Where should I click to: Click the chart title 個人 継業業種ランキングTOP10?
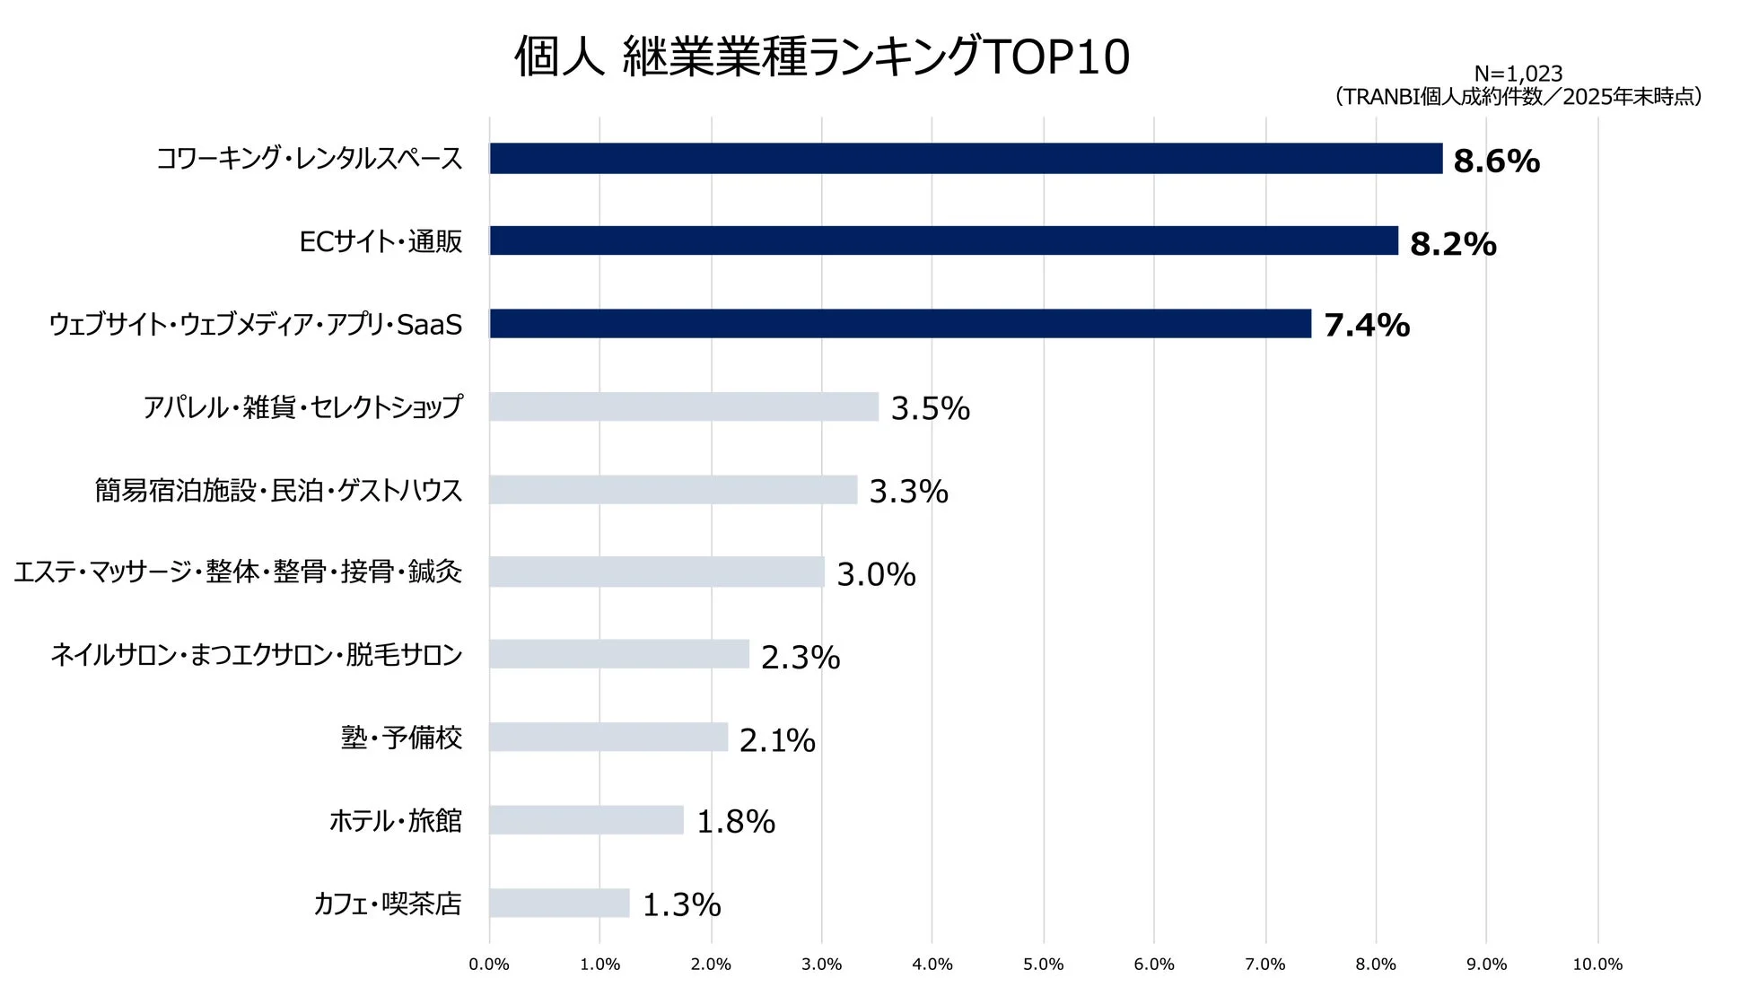821,57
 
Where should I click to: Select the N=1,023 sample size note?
1518,74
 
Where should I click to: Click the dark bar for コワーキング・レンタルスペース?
966,159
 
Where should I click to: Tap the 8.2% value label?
1452,244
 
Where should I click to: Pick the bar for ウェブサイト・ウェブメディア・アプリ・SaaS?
900,324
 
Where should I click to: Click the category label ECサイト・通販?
381,241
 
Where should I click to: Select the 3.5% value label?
930,408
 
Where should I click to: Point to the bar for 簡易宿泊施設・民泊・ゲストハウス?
673,490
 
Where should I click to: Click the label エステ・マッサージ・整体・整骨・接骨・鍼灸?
238,572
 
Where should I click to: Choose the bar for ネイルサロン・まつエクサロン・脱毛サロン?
619,654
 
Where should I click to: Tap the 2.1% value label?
777,740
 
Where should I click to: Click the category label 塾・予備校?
401,738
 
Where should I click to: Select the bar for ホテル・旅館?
586,820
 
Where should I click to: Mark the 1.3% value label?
681,904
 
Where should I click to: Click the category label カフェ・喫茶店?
388,904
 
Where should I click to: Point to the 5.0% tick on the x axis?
1043,965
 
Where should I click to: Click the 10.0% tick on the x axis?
1597,965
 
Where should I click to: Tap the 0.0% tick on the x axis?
489,965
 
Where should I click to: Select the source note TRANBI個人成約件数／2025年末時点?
1518,97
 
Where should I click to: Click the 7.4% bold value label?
1366,326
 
